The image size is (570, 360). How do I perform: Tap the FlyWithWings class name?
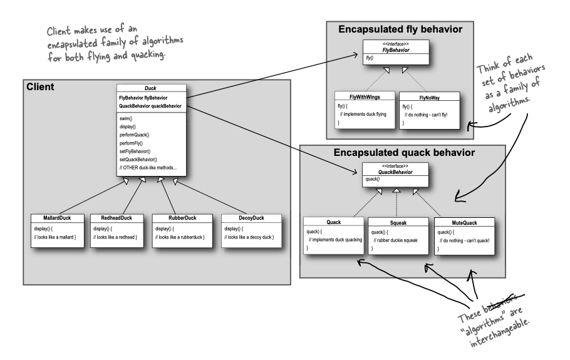pos(365,96)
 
